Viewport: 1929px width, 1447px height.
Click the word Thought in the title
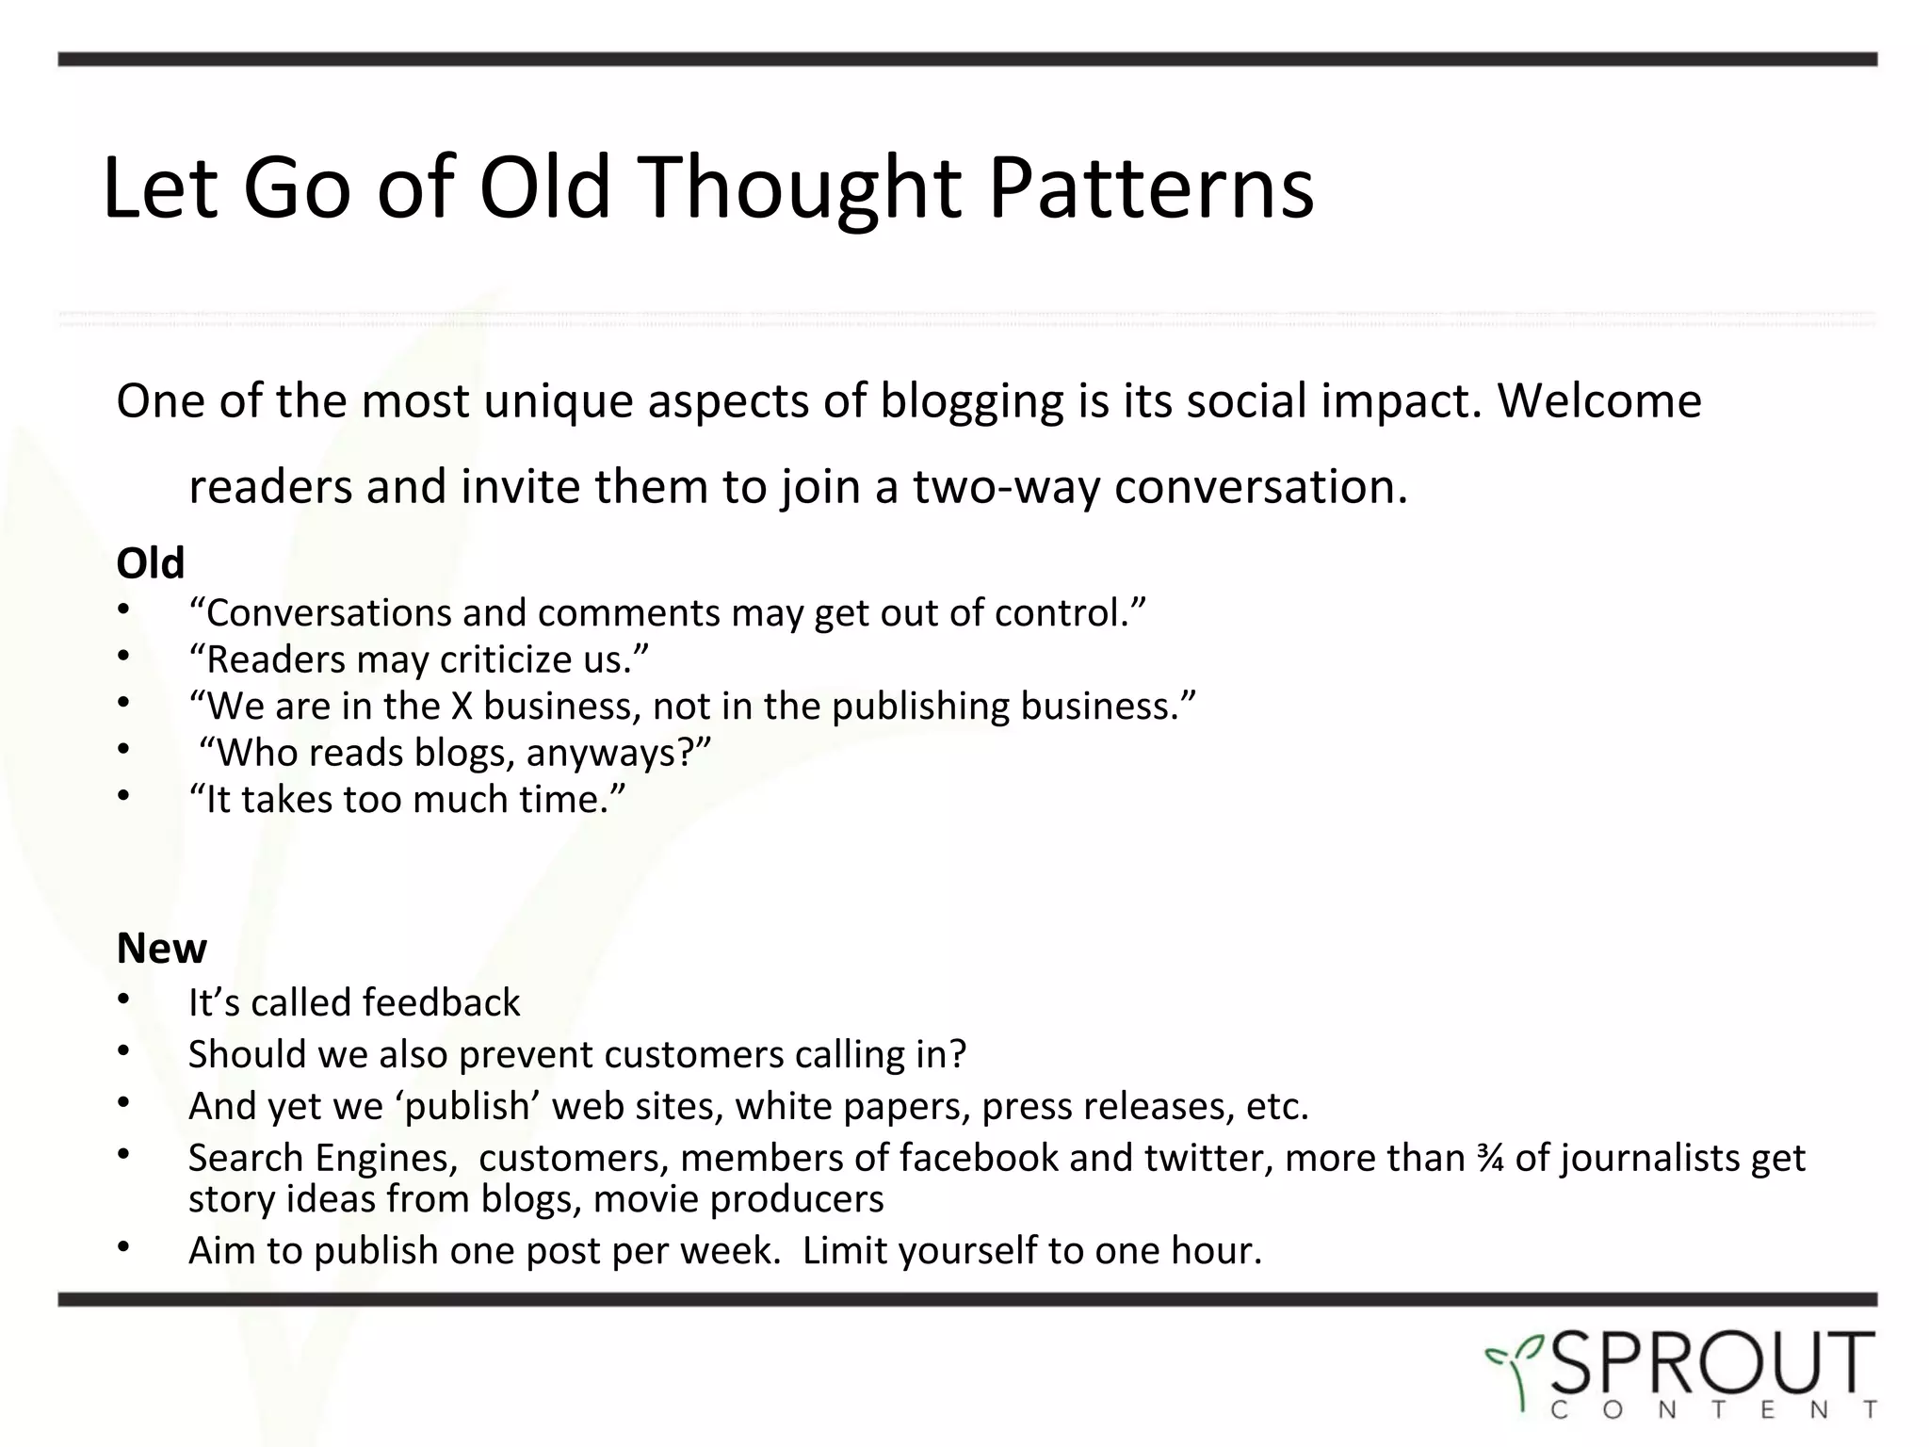tap(803, 188)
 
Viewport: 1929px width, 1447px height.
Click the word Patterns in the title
tap(1150, 188)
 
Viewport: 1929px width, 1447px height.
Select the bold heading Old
tap(151, 563)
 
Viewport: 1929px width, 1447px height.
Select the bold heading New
tap(161, 949)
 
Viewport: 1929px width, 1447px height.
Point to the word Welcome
tap(1599, 400)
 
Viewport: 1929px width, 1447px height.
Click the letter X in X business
tap(462, 707)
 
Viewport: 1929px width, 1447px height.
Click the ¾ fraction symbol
tap(1490, 1158)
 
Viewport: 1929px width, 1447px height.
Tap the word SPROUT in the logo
tap(1711, 1362)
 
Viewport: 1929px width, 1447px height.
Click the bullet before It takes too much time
tap(122, 796)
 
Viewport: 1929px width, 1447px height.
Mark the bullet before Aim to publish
tap(122, 1247)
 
